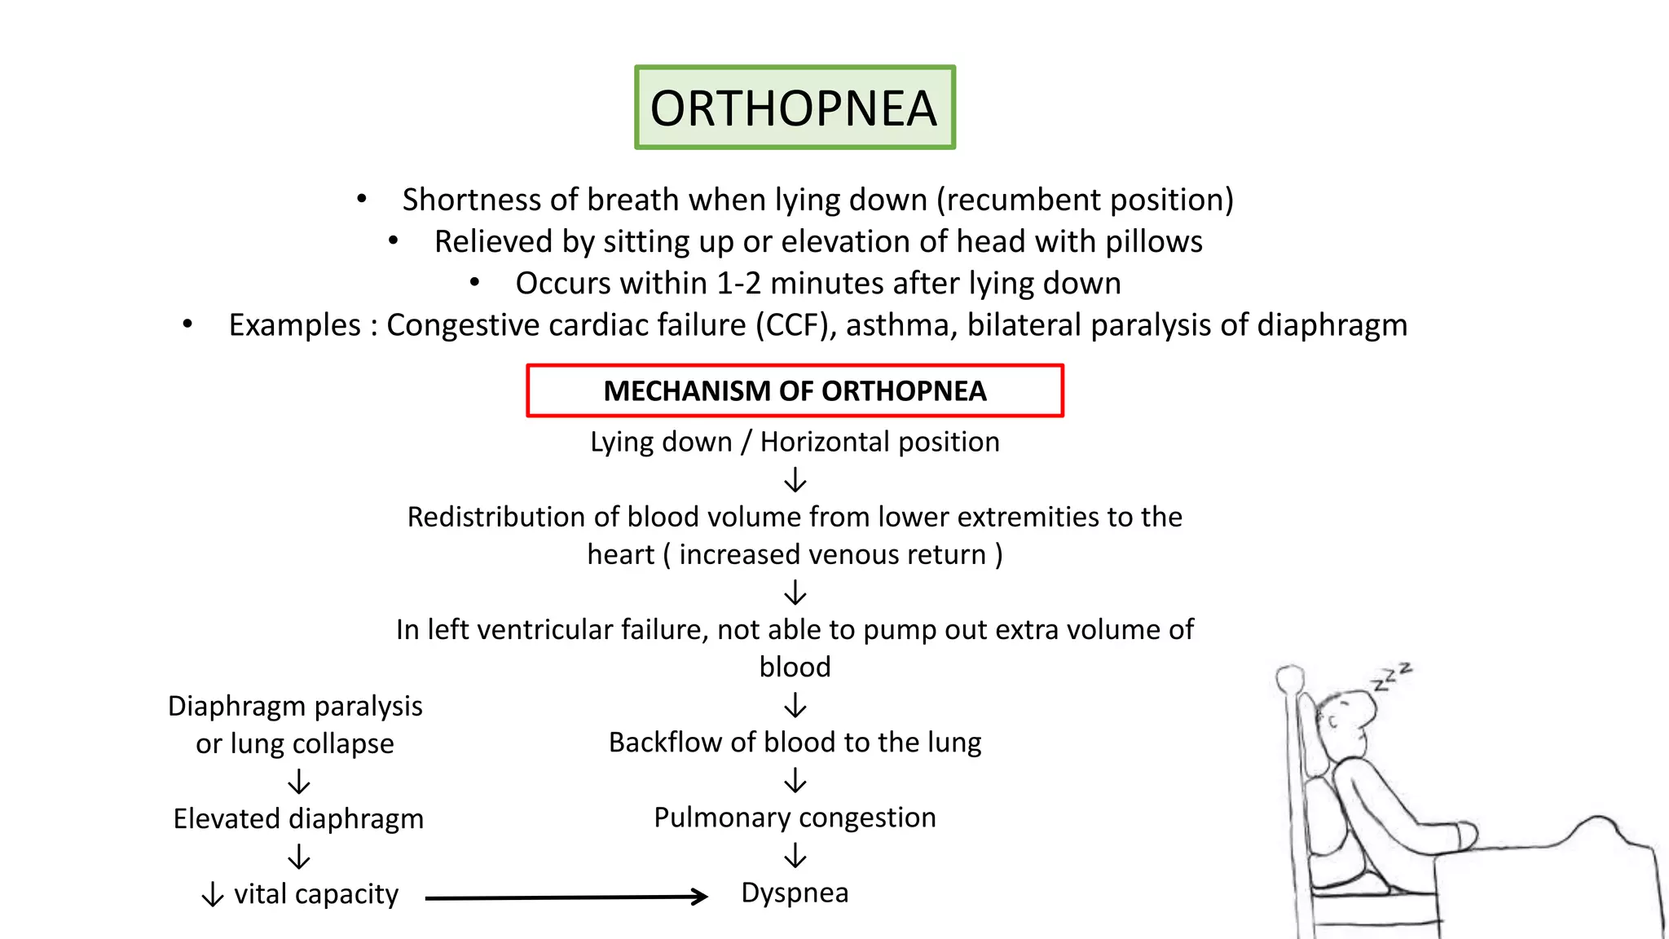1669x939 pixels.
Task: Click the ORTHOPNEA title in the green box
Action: [x=794, y=108]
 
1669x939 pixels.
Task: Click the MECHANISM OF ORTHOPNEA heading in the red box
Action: [x=795, y=391]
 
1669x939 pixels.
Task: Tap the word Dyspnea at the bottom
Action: [x=795, y=893]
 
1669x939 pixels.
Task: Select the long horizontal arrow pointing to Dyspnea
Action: [x=566, y=897]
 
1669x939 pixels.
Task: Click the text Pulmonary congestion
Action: [x=795, y=818]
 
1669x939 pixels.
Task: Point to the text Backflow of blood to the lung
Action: [x=795, y=743]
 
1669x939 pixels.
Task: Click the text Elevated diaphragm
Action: [x=298, y=818]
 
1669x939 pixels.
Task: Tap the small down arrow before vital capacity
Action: [x=213, y=895]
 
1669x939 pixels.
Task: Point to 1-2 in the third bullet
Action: [x=738, y=284]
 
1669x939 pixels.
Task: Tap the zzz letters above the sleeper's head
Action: [x=1392, y=677]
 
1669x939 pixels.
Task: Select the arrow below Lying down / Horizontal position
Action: [x=795, y=480]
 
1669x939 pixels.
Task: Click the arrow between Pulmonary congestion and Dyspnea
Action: [x=795, y=856]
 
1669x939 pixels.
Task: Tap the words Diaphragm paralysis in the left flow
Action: [x=295, y=706]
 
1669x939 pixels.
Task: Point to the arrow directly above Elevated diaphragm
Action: [x=299, y=782]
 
